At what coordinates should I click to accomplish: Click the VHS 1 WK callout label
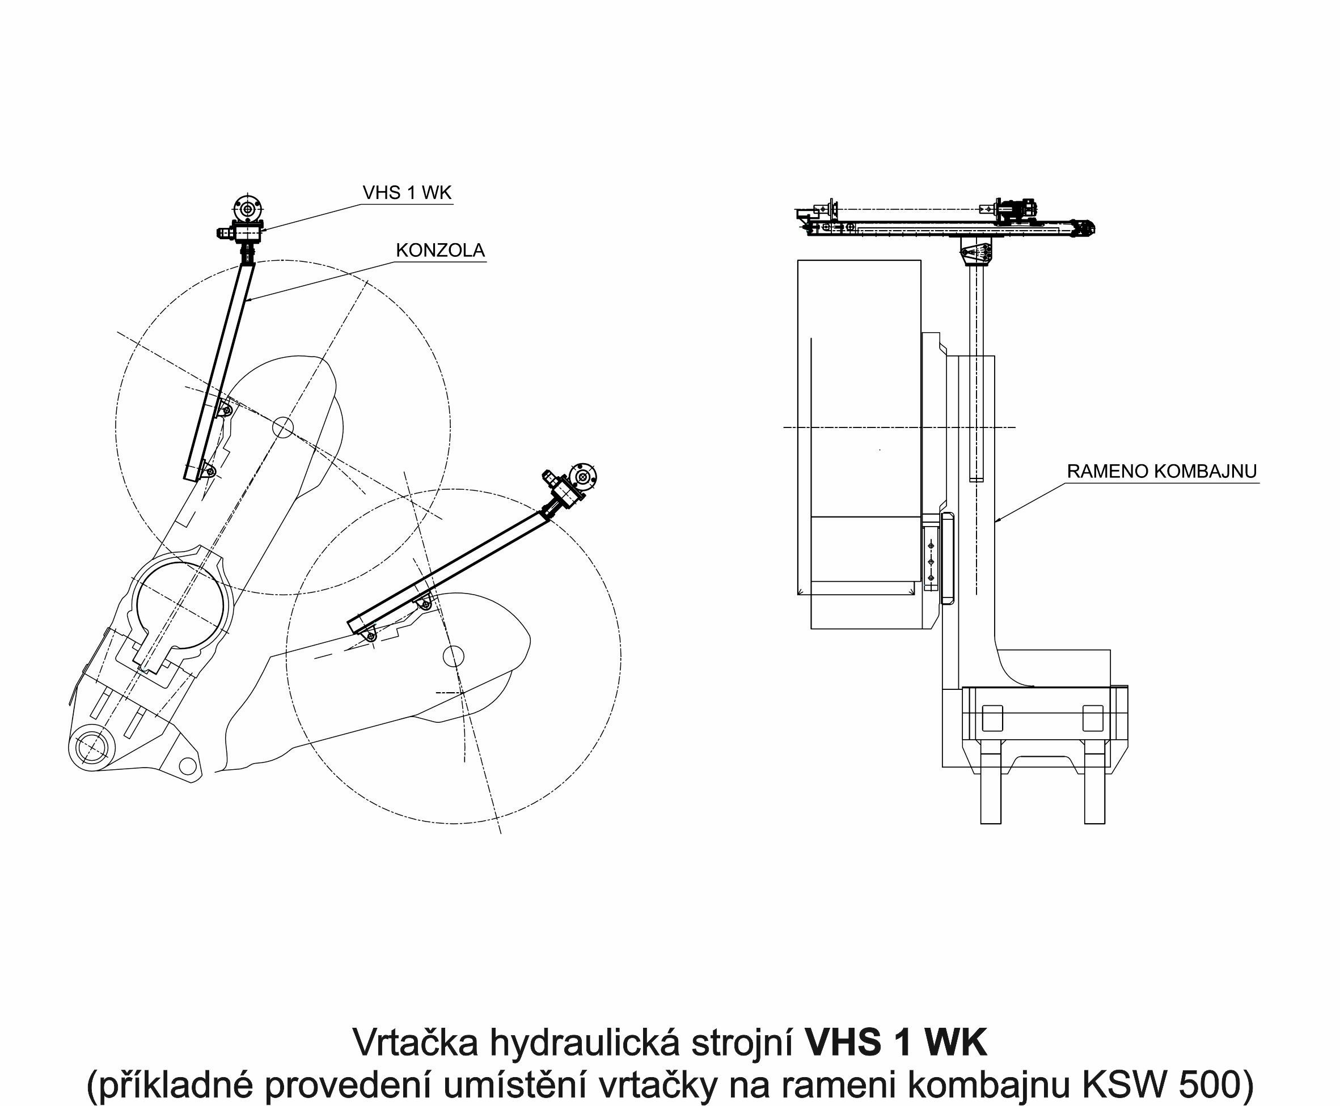click(x=407, y=192)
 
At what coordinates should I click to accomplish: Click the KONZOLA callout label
click(x=440, y=251)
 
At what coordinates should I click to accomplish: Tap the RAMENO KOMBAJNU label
click(x=1161, y=472)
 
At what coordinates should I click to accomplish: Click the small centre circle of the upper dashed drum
click(x=282, y=427)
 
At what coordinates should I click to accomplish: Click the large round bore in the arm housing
click(x=181, y=606)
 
